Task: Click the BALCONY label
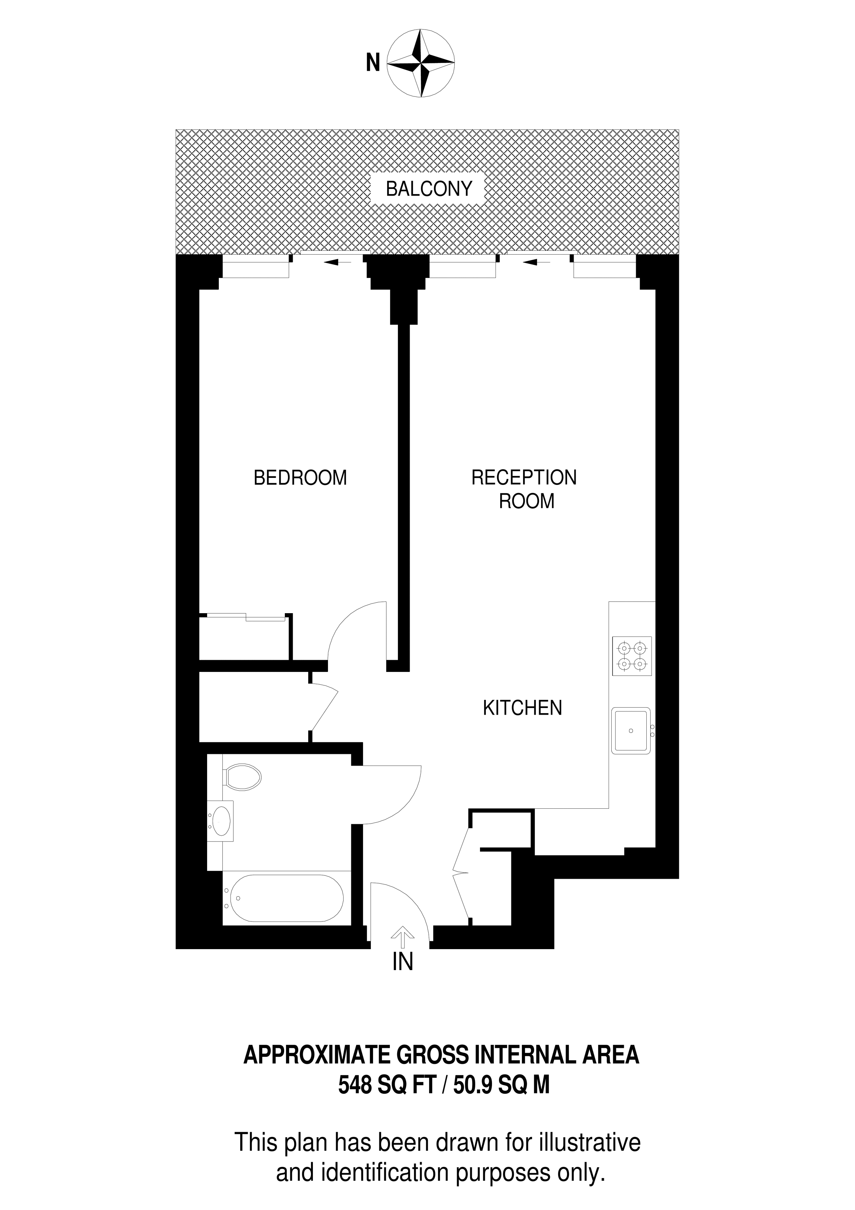pyautogui.click(x=428, y=189)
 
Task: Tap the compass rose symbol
pyautogui.click(x=421, y=63)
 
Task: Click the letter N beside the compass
pyautogui.click(x=373, y=64)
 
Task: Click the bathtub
pyautogui.click(x=283, y=898)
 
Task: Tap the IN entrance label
pyautogui.click(x=403, y=962)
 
